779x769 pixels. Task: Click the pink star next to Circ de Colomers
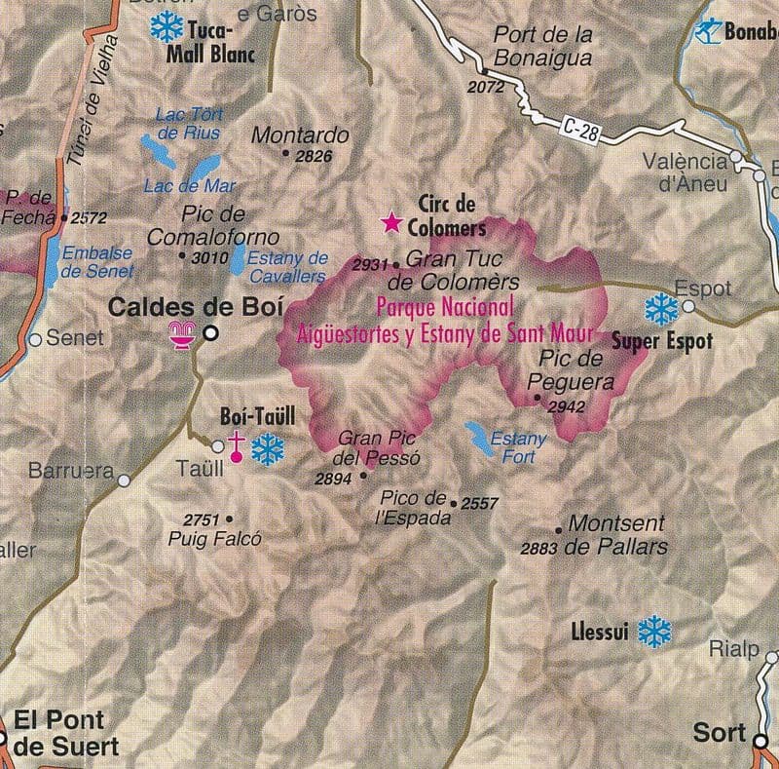click(x=391, y=223)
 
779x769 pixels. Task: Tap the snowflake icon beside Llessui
click(x=654, y=632)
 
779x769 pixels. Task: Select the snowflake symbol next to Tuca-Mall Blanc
click(x=166, y=26)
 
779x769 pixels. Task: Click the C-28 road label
click(x=580, y=131)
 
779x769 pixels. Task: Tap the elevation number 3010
click(x=209, y=257)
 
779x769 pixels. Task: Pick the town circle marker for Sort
click(x=760, y=741)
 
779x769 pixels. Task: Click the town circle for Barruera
click(x=124, y=480)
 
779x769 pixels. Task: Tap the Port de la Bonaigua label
click(x=542, y=46)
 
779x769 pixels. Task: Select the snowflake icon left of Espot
click(x=661, y=309)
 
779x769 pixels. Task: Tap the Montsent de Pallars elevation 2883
click(x=538, y=549)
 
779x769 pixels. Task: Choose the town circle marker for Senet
click(x=35, y=340)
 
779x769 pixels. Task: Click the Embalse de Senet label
click(x=96, y=261)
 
